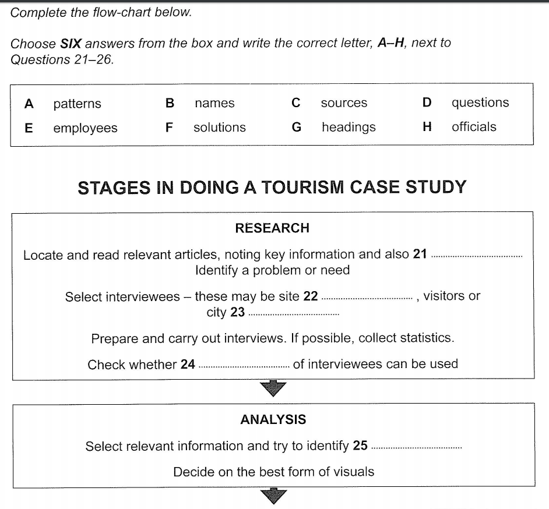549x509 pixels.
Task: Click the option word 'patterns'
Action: [77, 104]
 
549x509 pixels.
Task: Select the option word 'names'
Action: [214, 104]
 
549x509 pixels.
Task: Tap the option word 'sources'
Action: [344, 103]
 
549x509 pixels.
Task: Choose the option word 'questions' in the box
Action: [480, 103]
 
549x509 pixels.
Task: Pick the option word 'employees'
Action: [85, 128]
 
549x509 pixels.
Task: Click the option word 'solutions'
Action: [220, 128]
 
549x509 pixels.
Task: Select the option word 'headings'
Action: [349, 127]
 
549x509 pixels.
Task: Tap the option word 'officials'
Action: [474, 127]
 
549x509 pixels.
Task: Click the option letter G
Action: [296, 127]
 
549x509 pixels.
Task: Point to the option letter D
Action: [427, 103]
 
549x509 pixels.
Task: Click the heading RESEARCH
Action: [272, 228]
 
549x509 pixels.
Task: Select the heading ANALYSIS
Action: [273, 419]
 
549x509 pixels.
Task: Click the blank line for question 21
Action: [476, 256]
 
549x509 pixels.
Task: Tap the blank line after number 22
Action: [366, 298]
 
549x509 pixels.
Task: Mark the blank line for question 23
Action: [293, 314]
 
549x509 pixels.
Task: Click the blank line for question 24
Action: [244, 367]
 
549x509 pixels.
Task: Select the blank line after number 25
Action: [416, 448]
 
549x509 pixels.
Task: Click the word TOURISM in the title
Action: [305, 188]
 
